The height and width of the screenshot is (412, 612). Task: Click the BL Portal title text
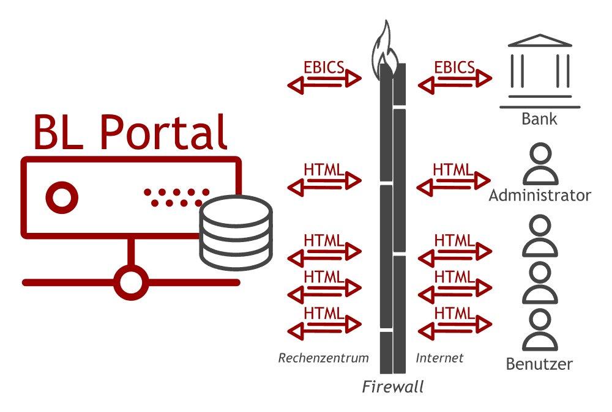[x=130, y=131]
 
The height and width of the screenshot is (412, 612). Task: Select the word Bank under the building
[x=539, y=119]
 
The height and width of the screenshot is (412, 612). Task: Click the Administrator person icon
[x=540, y=165]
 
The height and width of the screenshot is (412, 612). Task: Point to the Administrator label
[x=540, y=196]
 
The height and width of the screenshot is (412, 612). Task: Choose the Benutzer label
[x=539, y=364]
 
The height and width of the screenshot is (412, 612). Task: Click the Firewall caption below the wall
[x=393, y=387]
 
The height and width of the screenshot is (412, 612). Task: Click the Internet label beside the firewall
[x=439, y=358]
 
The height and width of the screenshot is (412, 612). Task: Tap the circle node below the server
[x=130, y=282]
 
